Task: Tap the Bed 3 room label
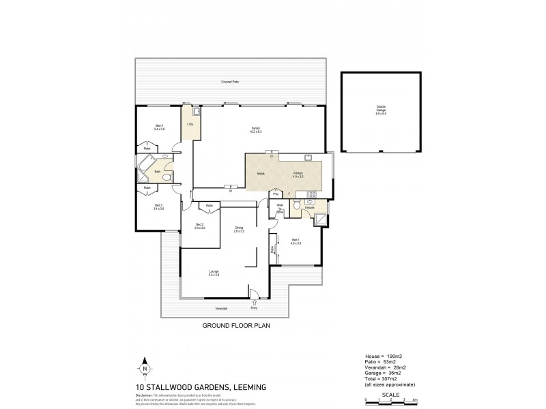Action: click(x=158, y=207)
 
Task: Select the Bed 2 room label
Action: click(x=200, y=226)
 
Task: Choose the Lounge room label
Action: click(x=214, y=273)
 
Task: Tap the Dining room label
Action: click(x=239, y=228)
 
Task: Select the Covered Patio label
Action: click(x=229, y=82)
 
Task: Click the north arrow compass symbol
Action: click(x=144, y=367)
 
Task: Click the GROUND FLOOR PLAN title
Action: click(x=236, y=326)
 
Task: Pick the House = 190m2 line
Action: click(x=384, y=357)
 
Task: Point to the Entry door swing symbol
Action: click(x=254, y=301)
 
